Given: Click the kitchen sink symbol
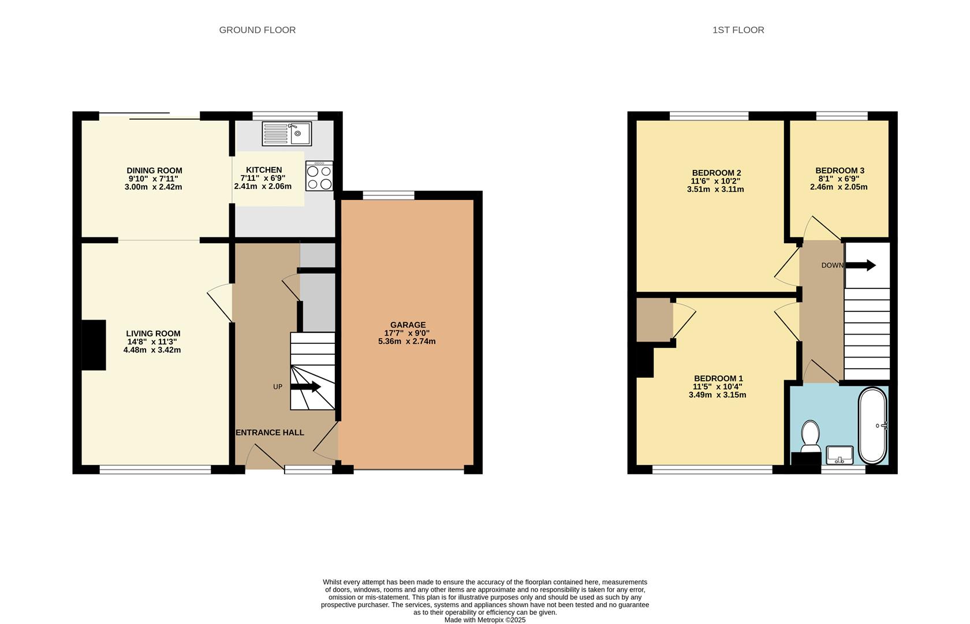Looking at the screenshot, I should coord(286,133).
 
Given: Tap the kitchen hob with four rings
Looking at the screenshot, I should coord(319,177).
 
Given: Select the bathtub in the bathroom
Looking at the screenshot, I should coord(872,426).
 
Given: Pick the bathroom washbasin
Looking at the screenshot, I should coord(840,455).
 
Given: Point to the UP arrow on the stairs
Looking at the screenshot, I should coord(305,387).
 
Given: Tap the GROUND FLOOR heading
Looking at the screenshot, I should coord(257,30).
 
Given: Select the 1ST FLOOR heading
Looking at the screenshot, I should coord(738,30).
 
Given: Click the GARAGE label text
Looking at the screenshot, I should coord(408,325).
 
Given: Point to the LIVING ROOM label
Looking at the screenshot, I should coord(153,333).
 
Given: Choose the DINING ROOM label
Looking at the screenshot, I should coord(154,170).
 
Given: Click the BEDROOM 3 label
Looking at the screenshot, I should coord(840,170).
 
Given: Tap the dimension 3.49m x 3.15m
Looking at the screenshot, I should coord(717,395).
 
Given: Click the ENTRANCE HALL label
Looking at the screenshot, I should coord(270,433).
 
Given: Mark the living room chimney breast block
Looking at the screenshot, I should coord(94,345).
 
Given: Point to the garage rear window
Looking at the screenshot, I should coord(389,195).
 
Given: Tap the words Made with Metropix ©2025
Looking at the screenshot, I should coord(485,620).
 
